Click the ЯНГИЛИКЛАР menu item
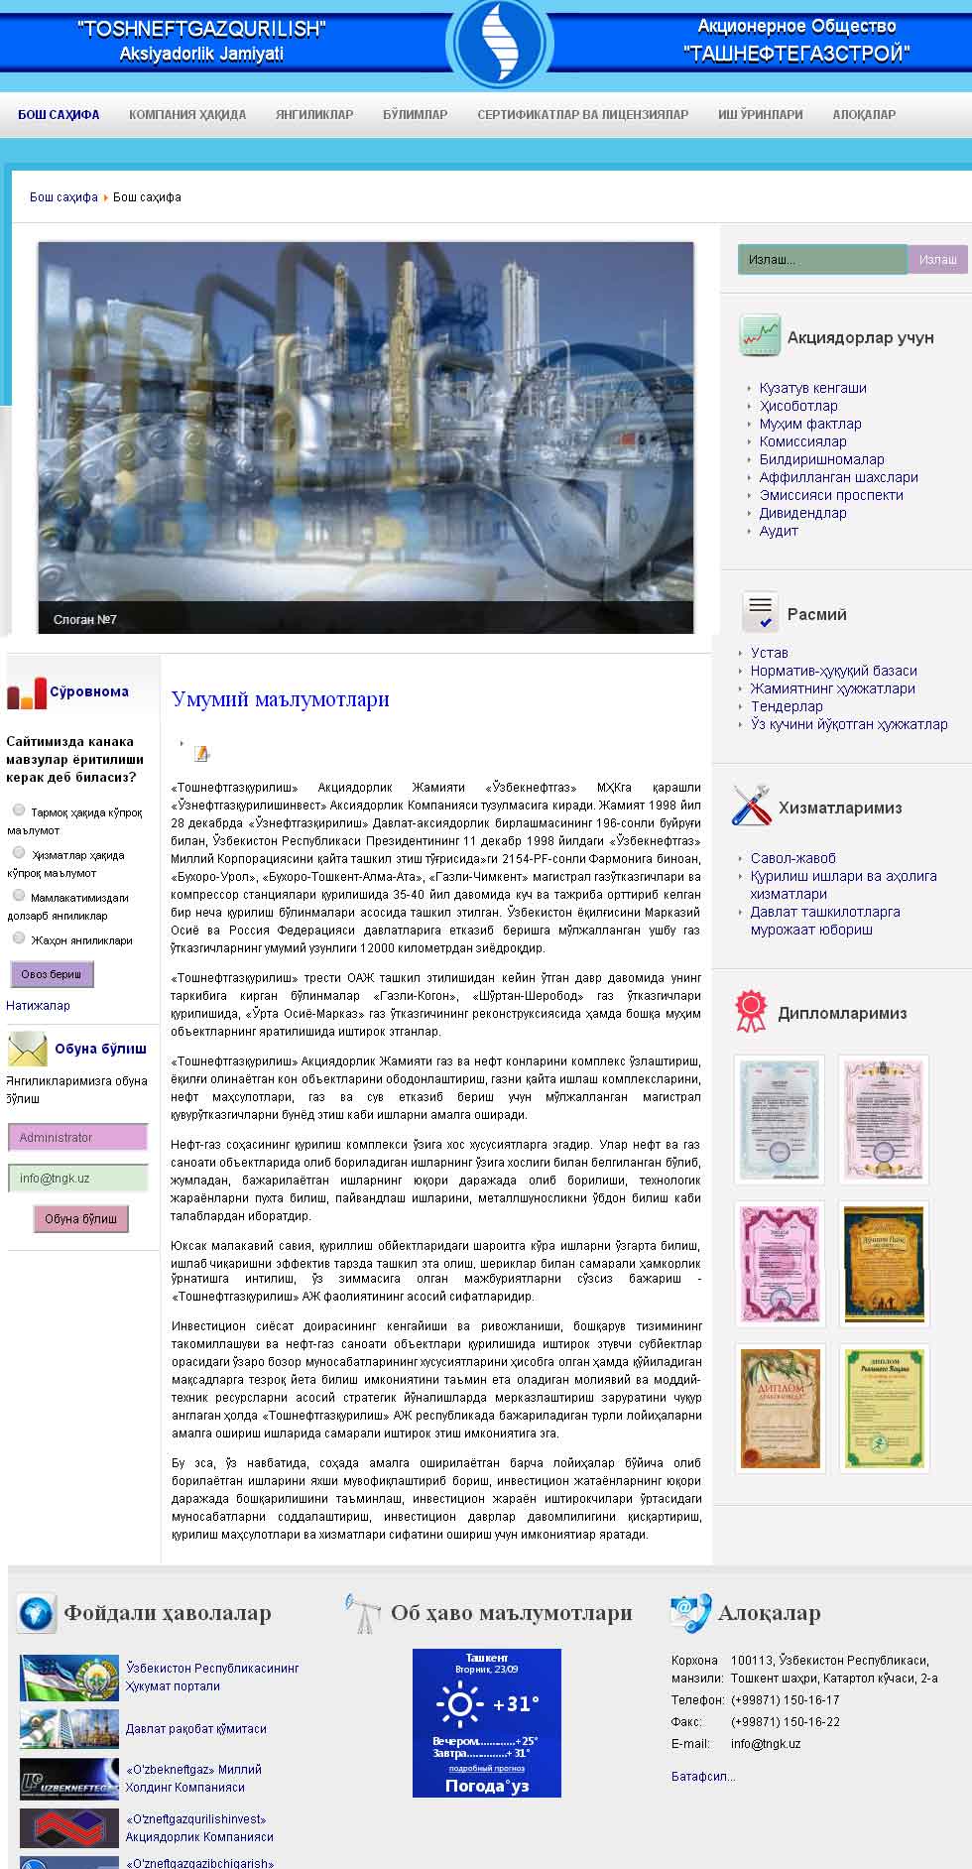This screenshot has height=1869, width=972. (x=314, y=114)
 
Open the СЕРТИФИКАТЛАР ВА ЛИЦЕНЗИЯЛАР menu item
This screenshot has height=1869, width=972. (x=582, y=114)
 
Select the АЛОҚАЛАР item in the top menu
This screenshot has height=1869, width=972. (x=864, y=114)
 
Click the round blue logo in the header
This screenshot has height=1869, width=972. (x=499, y=43)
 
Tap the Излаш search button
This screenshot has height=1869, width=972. (x=937, y=259)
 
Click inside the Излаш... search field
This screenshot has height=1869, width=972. (x=822, y=259)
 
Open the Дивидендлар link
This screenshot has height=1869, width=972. (x=802, y=513)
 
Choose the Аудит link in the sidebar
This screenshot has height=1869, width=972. (x=779, y=531)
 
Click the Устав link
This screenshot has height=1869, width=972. (x=769, y=653)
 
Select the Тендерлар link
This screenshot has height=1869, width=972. (x=787, y=706)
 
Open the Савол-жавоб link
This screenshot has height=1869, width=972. (x=792, y=858)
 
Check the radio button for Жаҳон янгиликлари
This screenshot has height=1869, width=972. (x=19, y=937)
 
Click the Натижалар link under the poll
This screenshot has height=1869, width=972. (x=38, y=1005)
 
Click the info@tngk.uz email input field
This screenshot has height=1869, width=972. (x=78, y=1178)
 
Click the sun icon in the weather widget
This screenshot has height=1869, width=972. (x=459, y=1704)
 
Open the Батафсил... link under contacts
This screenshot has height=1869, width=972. (x=703, y=1776)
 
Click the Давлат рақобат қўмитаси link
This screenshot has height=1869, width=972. (x=195, y=1728)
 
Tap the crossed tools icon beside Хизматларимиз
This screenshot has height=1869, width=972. (x=751, y=806)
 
